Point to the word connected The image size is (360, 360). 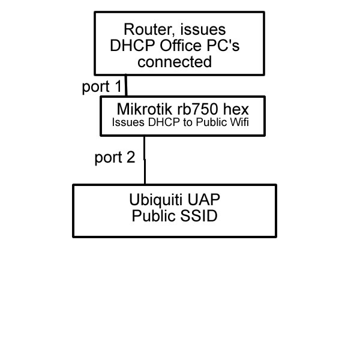(x=179, y=62)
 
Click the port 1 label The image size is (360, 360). (x=101, y=86)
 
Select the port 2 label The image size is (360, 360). (x=115, y=158)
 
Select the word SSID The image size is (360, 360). (x=197, y=216)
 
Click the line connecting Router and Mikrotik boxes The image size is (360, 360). (x=126, y=86)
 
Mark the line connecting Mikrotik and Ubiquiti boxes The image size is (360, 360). (x=145, y=160)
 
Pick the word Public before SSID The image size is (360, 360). (x=152, y=216)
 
